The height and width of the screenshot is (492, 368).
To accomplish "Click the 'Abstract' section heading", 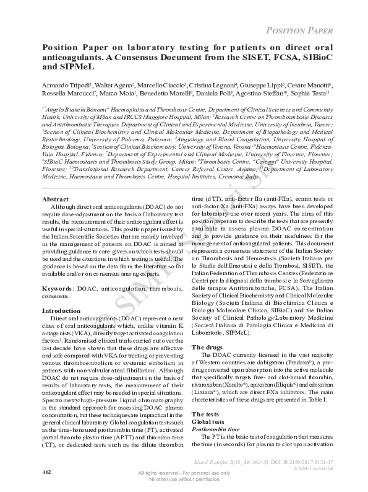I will click(x=54, y=200).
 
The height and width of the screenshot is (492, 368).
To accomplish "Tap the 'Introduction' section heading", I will click(x=61, y=310).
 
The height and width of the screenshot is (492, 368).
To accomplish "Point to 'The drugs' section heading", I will click(x=208, y=347).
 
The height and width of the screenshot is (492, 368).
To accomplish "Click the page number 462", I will click(x=46, y=472).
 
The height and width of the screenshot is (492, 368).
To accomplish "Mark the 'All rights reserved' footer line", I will click(x=184, y=473).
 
